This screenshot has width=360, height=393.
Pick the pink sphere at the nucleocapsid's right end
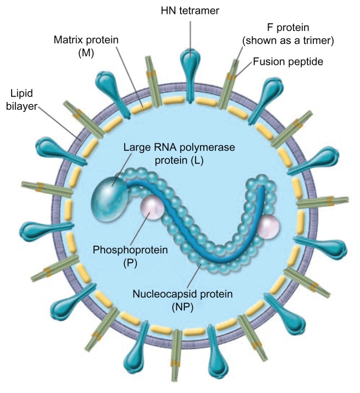click(269, 227)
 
